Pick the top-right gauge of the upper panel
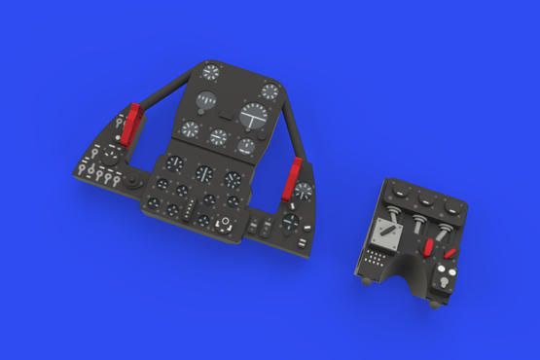point(270,91)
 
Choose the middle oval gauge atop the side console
point(424,198)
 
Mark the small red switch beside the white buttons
point(450,256)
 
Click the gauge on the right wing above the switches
point(305,192)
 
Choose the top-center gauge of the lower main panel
point(204,173)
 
